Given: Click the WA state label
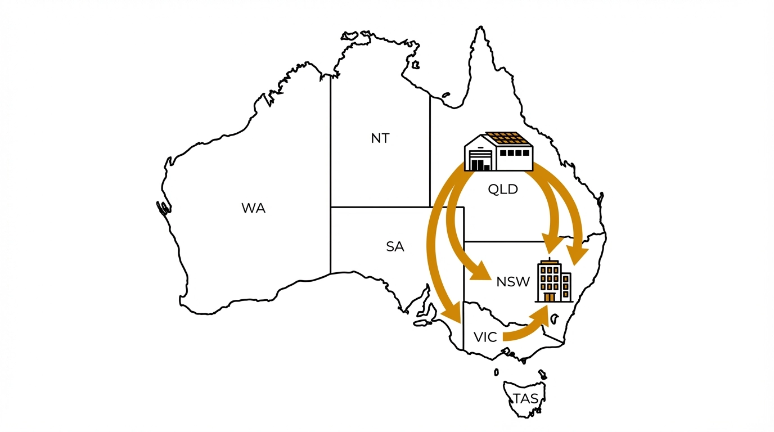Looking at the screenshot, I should (253, 208).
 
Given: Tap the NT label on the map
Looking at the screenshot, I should (380, 138).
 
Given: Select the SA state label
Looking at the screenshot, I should (395, 246).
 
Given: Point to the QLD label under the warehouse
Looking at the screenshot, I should (502, 190).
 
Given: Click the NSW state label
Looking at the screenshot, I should (513, 282).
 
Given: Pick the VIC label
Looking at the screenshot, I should (485, 337).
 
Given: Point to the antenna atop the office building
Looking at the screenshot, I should (549, 259).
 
